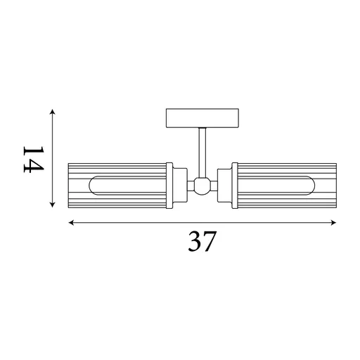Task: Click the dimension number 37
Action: coord(202,242)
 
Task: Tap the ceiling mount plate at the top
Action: coord(201,117)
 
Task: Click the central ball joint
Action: coord(202,186)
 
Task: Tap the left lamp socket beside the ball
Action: coord(180,186)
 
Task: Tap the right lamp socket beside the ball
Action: coord(224,186)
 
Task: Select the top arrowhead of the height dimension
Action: coord(53,112)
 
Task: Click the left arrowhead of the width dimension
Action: coord(71,224)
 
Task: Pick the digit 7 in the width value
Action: coord(210,242)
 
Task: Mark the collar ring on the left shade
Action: coord(169,186)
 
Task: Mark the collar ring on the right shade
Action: coord(236,186)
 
